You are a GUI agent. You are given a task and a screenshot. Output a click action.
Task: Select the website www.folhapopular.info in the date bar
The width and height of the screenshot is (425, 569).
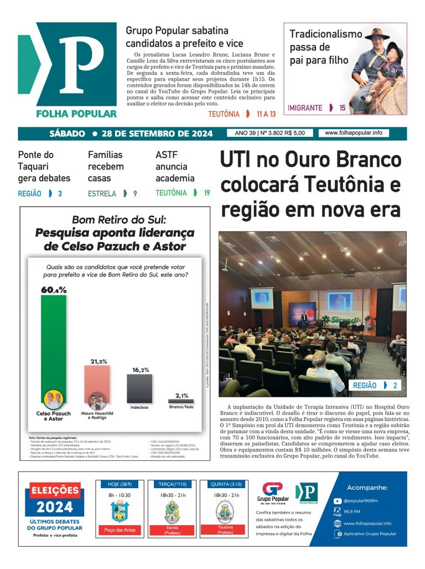click(353, 133)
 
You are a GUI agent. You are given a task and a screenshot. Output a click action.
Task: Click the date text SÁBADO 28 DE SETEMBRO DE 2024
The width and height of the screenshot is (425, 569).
click(131, 134)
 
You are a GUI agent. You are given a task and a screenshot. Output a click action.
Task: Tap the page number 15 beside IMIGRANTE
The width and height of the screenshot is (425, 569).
click(343, 108)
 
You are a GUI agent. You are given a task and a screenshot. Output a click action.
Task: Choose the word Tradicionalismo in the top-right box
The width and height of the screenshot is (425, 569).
click(325, 34)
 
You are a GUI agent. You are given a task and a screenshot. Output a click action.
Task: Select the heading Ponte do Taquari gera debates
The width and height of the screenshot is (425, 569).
click(44, 166)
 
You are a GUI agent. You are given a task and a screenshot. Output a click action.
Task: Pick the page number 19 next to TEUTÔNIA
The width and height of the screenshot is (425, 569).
click(206, 193)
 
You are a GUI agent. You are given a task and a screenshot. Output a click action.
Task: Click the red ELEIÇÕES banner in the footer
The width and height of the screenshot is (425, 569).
click(55, 490)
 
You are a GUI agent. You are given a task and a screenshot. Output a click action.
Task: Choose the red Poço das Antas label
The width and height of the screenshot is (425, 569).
click(120, 530)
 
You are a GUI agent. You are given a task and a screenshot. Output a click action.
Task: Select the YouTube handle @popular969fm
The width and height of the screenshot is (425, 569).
click(360, 501)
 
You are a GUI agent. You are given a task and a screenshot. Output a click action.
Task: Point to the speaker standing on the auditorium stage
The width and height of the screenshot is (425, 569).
click(303, 319)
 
